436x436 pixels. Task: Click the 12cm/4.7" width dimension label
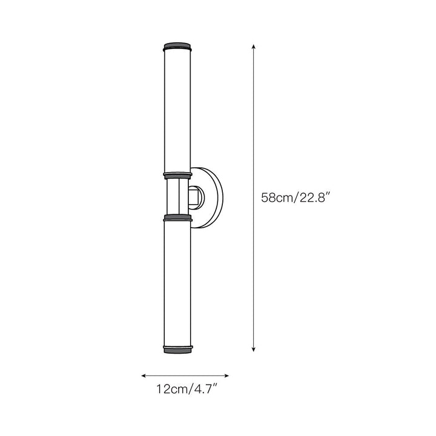pos(187,389)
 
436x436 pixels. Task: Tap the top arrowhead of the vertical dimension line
pos(253,47)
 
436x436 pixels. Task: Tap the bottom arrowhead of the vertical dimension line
pos(253,349)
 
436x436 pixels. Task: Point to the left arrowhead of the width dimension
pos(144,376)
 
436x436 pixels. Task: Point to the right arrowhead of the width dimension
pos(226,376)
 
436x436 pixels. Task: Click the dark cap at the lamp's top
pos(177,47)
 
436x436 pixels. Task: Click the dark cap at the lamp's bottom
pos(178,349)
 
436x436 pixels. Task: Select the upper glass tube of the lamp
pos(177,112)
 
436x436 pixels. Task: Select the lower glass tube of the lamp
pos(177,283)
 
